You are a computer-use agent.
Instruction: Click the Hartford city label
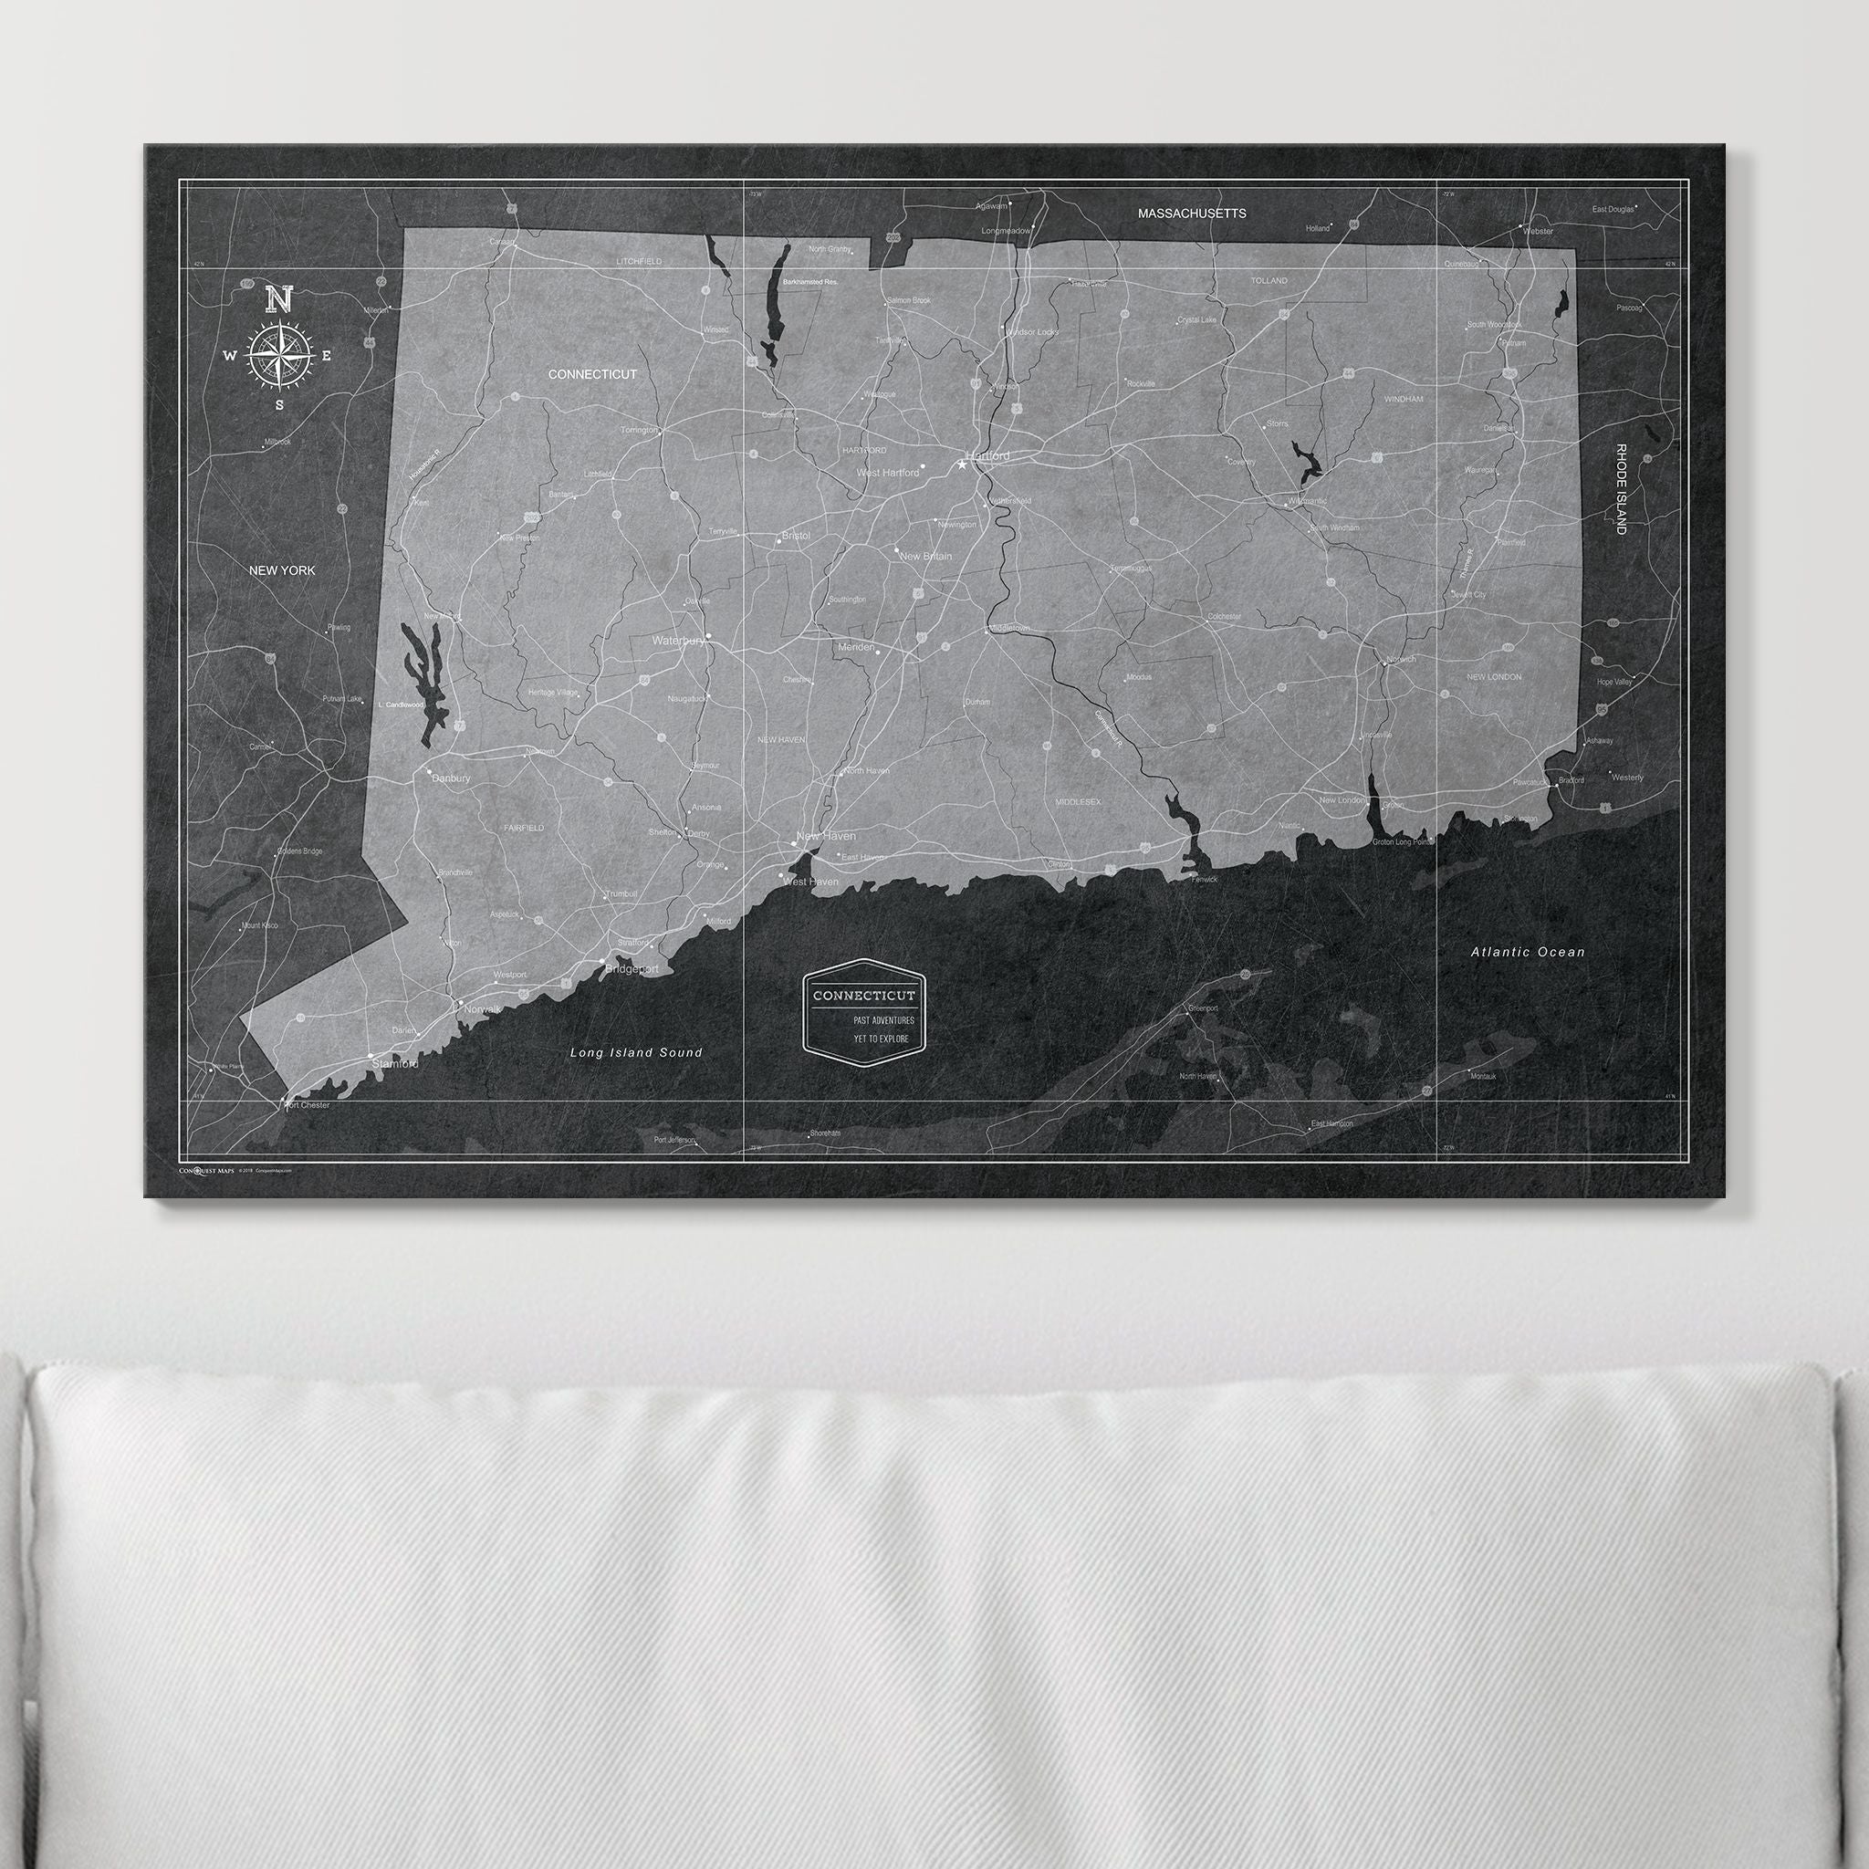click(987, 454)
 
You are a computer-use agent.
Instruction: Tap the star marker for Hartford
click(962, 465)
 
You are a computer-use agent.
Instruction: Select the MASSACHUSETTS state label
click(1191, 213)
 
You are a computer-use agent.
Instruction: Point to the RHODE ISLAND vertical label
click(1621, 488)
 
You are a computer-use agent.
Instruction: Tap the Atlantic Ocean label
click(1528, 952)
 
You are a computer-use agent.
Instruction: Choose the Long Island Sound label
click(635, 1052)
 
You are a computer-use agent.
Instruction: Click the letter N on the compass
click(278, 299)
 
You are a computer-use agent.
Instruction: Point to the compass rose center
click(278, 356)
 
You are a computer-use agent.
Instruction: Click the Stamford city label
click(394, 1064)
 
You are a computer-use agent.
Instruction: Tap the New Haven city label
click(825, 836)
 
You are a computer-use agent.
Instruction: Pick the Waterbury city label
click(678, 641)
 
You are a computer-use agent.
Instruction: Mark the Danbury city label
click(451, 778)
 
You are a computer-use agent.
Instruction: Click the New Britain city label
click(924, 557)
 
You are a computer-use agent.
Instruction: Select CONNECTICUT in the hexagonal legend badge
click(863, 996)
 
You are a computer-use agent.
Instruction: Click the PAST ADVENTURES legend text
click(882, 1019)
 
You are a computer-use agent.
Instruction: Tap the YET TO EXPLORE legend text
click(881, 1039)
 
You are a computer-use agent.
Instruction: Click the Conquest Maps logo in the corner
click(207, 1171)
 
